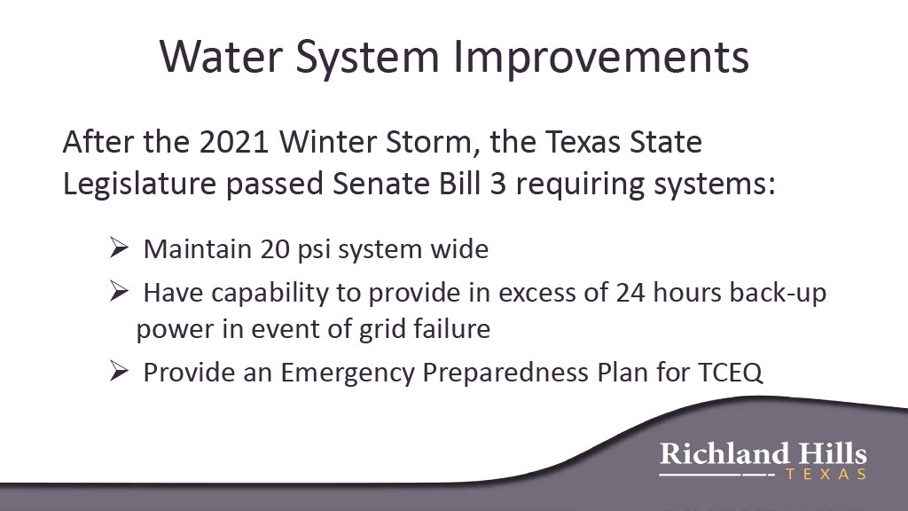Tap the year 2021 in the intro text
pos(234,142)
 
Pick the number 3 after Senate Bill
pos(498,184)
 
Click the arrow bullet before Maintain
pos(119,248)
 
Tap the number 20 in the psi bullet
pos(275,249)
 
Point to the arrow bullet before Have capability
pos(119,291)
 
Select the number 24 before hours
pos(630,293)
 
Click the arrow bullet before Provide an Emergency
pos(119,371)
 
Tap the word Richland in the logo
pos(724,453)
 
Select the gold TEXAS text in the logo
pos(826,474)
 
